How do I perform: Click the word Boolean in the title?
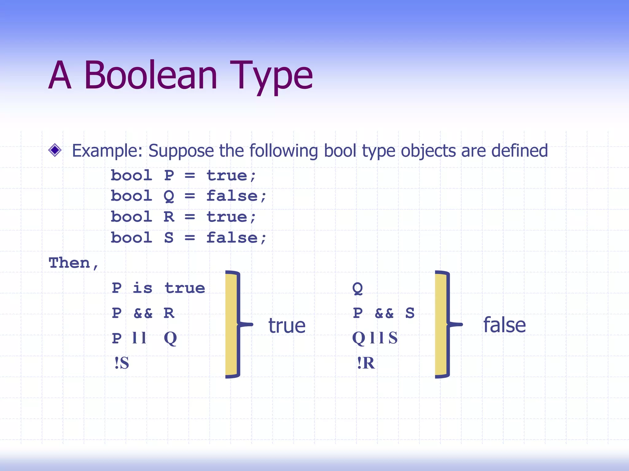point(150,75)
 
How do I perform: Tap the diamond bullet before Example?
point(55,150)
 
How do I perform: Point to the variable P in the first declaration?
point(169,176)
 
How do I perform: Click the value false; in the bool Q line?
point(236,196)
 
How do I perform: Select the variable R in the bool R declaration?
point(169,217)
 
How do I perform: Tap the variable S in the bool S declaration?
point(169,238)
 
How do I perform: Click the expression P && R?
point(143,313)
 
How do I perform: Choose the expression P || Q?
point(144,339)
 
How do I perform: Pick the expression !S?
point(122,363)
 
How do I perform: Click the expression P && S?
point(384,313)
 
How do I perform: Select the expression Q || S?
point(375,339)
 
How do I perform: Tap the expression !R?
point(366,363)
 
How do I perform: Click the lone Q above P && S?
point(357,288)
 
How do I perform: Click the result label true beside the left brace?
point(287,326)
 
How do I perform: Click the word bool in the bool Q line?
point(131,196)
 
